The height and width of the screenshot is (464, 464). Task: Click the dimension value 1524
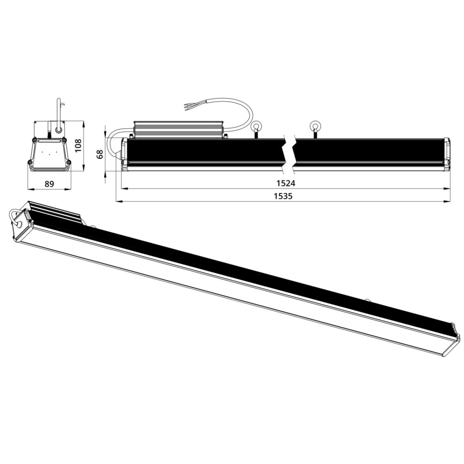[x=284, y=183]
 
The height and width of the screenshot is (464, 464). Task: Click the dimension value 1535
[x=283, y=196]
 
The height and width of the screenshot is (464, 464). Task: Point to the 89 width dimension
[x=49, y=184]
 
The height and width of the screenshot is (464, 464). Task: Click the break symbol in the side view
[x=290, y=151]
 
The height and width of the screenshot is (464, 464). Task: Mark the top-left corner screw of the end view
[x=35, y=140]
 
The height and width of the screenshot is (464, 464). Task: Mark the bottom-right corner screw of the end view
[x=69, y=162]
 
